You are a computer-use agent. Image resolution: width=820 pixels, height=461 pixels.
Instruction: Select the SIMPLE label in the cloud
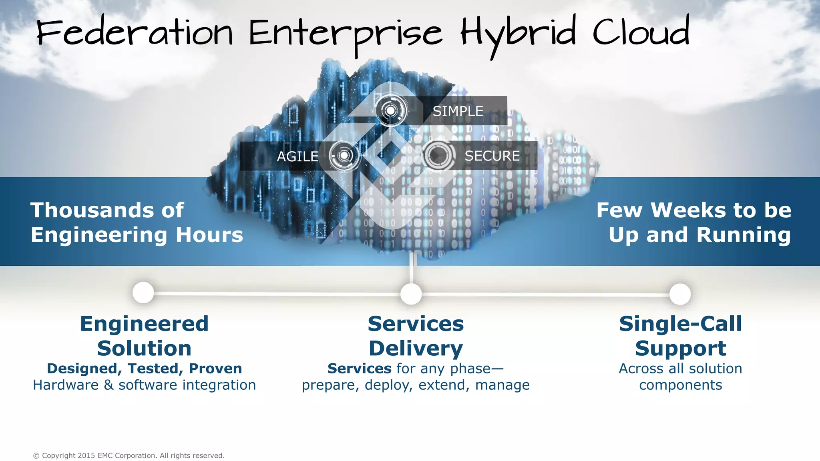pos(458,111)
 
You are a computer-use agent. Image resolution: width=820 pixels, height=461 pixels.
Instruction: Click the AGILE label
pos(297,156)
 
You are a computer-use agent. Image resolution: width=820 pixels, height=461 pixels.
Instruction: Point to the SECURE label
pos(492,156)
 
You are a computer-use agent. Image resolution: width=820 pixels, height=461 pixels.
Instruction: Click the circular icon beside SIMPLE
pos(391,110)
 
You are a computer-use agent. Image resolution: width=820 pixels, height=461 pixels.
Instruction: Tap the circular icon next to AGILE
pos(344,156)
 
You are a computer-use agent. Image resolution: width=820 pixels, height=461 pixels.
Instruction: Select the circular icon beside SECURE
pos(439,155)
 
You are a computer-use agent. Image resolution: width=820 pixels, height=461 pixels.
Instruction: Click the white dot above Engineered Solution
pos(143,293)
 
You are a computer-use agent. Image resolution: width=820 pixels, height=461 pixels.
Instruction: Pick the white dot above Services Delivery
pos(411,294)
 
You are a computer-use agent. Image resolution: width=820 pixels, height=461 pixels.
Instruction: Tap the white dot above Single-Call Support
pos(680,294)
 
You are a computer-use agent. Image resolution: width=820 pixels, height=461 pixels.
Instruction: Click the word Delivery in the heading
pos(416,348)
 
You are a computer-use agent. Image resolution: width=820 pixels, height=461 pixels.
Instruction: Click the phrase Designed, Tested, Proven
pos(144,368)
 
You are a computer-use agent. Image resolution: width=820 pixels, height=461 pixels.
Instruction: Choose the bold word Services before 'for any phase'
pos(359,368)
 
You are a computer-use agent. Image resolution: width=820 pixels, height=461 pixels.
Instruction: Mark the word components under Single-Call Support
pos(680,385)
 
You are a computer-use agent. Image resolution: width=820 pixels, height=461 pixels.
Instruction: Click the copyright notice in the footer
pos(129,455)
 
